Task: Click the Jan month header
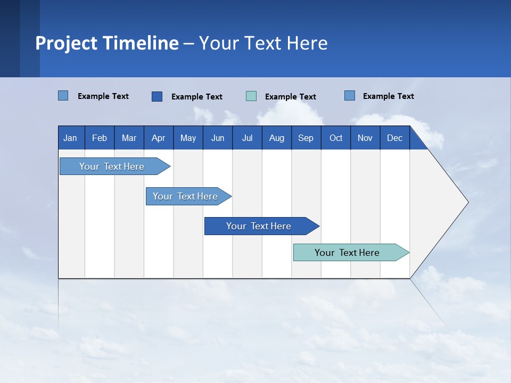pyautogui.click(x=70, y=138)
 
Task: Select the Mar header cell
pyautogui.click(x=129, y=138)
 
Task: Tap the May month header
pyautogui.click(x=188, y=138)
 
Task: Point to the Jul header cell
pyautogui.click(x=247, y=138)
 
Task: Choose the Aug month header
pyautogui.click(x=276, y=138)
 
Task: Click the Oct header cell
pyautogui.click(x=336, y=138)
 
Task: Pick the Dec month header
pyautogui.click(x=394, y=138)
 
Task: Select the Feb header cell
pyautogui.click(x=100, y=138)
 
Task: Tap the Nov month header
pyautogui.click(x=365, y=138)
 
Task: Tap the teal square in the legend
pyautogui.click(x=251, y=96)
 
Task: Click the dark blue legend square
pyautogui.click(x=157, y=96)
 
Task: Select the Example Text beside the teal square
pyautogui.click(x=290, y=97)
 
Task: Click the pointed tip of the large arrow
pyautogui.click(x=466, y=202)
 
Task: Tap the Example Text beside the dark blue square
pyautogui.click(x=196, y=97)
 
